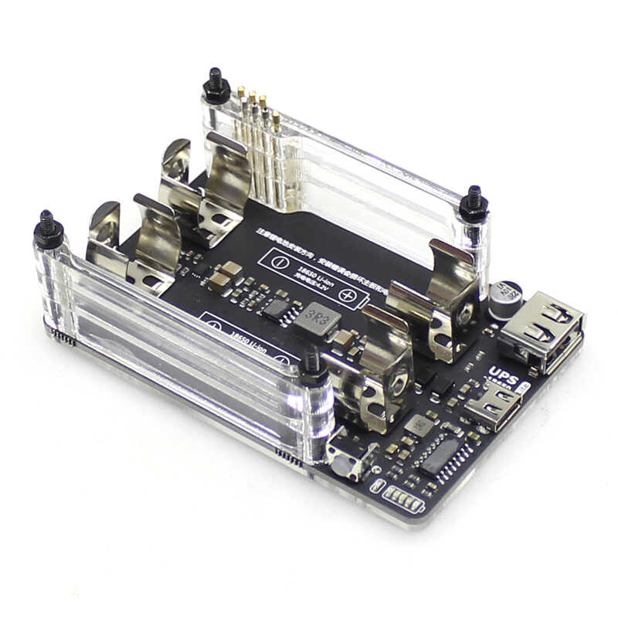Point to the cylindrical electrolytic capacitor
tap(507, 295)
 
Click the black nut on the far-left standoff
tap(49, 231)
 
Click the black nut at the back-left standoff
tap(216, 87)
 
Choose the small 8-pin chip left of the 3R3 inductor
tap(277, 308)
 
